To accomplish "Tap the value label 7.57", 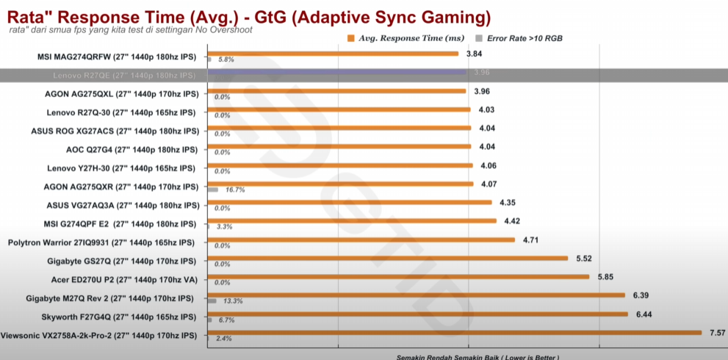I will point(716,333).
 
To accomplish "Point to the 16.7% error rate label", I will point(235,190).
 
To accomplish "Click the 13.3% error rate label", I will point(234,301).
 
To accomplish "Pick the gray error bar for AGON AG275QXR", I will point(213,190).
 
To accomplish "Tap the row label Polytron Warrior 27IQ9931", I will point(101,242).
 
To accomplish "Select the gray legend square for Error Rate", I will point(479,37).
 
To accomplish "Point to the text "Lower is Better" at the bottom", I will point(526,357).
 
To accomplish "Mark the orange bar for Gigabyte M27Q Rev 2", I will point(416,295).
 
